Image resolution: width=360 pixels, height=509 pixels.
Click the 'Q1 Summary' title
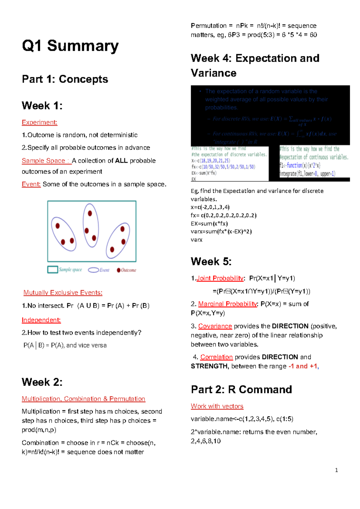tap(70, 46)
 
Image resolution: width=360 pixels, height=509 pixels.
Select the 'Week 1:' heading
tap(42, 106)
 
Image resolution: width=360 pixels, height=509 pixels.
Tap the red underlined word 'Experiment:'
tap(39, 122)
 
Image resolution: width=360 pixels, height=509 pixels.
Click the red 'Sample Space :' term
tap(46, 161)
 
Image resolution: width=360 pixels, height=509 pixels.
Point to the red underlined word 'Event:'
tap(31, 184)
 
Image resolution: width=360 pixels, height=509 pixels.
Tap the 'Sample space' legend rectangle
tap(52, 269)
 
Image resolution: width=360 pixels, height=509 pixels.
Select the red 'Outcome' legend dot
tap(118, 270)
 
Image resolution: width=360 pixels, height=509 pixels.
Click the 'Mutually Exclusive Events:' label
tap(63, 293)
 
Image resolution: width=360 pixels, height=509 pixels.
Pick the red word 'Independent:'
tap(41, 320)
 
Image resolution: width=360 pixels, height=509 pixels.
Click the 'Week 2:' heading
tap(42, 382)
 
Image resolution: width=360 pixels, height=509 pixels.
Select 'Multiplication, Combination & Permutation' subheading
tap(83, 399)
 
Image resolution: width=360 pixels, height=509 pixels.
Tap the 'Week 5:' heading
tap(211, 261)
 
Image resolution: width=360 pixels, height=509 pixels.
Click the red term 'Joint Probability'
tap(220, 278)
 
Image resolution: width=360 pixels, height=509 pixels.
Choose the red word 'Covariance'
tap(215, 326)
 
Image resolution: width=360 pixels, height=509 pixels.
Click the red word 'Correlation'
tap(217, 357)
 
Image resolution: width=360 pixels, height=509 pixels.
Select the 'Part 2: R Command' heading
tap(241, 389)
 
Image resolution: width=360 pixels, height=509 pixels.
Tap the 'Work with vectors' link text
tap(217, 406)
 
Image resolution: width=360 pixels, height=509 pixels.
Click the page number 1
tap(336, 470)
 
